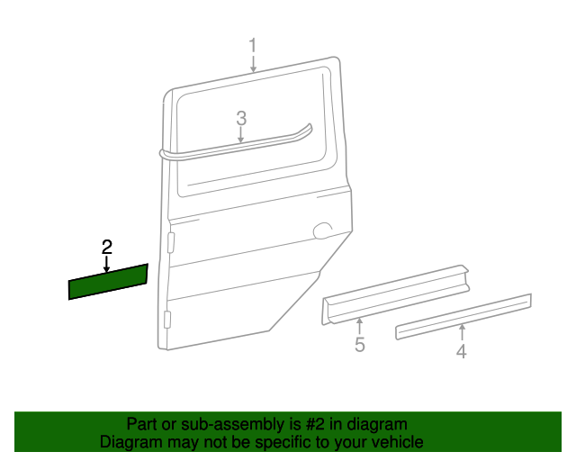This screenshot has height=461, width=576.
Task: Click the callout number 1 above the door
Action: (253, 45)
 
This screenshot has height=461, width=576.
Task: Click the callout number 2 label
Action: (107, 246)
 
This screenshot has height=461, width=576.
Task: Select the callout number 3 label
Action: (241, 118)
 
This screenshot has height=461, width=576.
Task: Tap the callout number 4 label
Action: (461, 352)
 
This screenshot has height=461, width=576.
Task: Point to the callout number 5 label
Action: (359, 345)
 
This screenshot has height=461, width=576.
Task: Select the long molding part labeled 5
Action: (396, 293)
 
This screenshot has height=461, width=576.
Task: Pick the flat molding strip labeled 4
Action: (463, 316)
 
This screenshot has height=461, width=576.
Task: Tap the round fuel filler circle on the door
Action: (322, 231)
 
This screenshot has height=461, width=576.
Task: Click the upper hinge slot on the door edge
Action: (170, 241)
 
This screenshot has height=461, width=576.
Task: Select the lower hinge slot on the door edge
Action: (167, 320)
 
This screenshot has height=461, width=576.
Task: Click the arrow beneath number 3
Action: (241, 135)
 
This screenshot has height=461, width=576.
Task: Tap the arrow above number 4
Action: (461, 332)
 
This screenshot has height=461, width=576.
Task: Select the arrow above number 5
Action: (359, 325)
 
